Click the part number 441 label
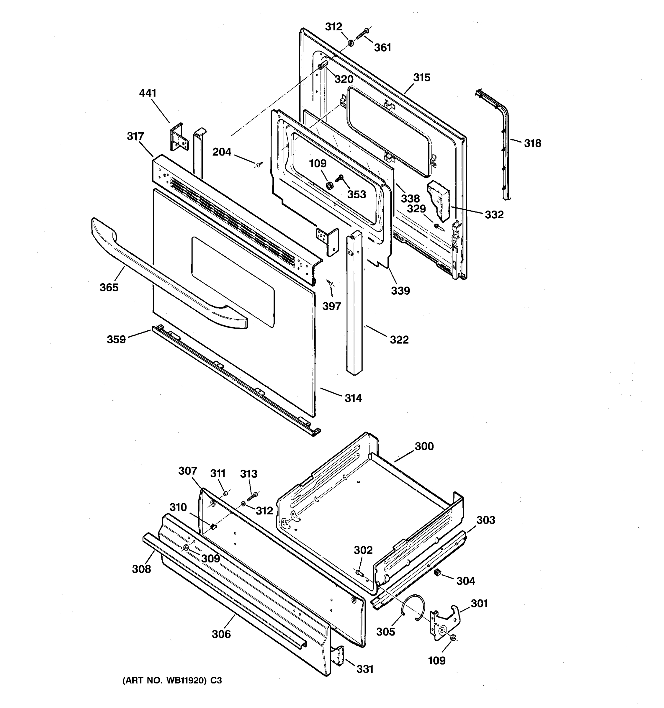[x=148, y=93]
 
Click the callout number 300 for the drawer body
[x=424, y=446]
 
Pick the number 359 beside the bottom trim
[x=116, y=340]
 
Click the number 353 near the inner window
[x=356, y=194]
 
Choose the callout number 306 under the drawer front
[x=221, y=634]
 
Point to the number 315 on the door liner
[x=422, y=78]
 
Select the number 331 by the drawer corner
[x=365, y=669]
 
